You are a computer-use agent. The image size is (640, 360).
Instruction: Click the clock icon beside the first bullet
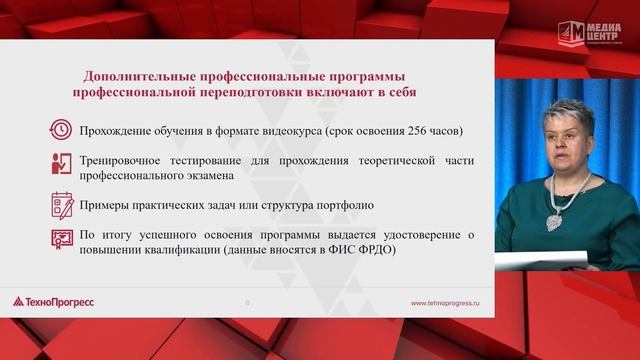(62, 130)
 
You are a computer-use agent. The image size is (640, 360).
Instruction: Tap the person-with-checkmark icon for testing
(62, 165)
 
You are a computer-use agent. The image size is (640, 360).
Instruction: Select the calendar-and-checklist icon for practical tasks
(62, 205)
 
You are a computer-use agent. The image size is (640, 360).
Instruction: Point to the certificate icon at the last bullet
(62, 240)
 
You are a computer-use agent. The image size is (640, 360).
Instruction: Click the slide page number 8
(247, 301)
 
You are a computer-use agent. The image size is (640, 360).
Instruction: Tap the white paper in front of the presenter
(541, 260)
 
